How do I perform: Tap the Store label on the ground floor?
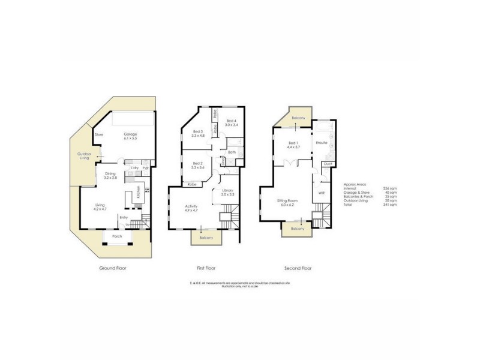tap(99, 134)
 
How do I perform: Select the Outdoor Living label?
tap(83, 155)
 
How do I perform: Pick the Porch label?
tap(117, 236)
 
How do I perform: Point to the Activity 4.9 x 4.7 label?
tap(191, 208)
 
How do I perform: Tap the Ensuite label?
tap(322, 143)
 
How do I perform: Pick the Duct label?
tap(327, 164)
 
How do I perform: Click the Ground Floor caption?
tap(113, 268)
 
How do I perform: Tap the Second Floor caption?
tap(298, 268)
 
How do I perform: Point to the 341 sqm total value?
tap(392, 205)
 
